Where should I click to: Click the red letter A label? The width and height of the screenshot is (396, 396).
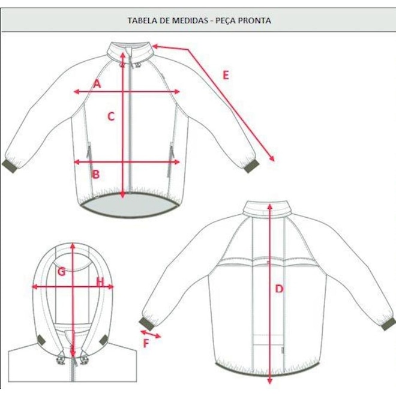click(97, 83)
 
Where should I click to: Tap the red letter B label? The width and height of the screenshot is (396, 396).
click(96, 174)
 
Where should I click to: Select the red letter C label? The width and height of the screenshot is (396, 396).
click(111, 116)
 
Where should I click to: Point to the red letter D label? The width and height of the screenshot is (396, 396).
click(279, 289)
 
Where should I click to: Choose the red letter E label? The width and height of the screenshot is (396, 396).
click(226, 75)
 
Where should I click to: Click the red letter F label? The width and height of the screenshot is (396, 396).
click(146, 343)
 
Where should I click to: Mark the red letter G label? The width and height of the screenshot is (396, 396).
click(61, 272)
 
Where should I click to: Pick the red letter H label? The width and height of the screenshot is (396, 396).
click(100, 282)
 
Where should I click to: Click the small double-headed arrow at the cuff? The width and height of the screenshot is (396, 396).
click(151, 334)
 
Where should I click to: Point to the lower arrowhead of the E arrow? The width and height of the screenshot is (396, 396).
click(272, 158)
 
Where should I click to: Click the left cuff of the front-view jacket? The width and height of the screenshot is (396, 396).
click(10, 166)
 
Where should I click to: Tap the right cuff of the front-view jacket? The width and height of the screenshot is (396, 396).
click(251, 166)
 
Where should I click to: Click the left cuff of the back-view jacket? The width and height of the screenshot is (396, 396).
click(146, 323)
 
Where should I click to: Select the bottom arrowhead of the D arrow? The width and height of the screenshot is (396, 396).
click(270, 380)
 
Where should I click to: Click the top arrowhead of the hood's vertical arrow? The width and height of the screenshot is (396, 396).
click(73, 246)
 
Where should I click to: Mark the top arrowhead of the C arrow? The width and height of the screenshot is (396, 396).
click(123, 55)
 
